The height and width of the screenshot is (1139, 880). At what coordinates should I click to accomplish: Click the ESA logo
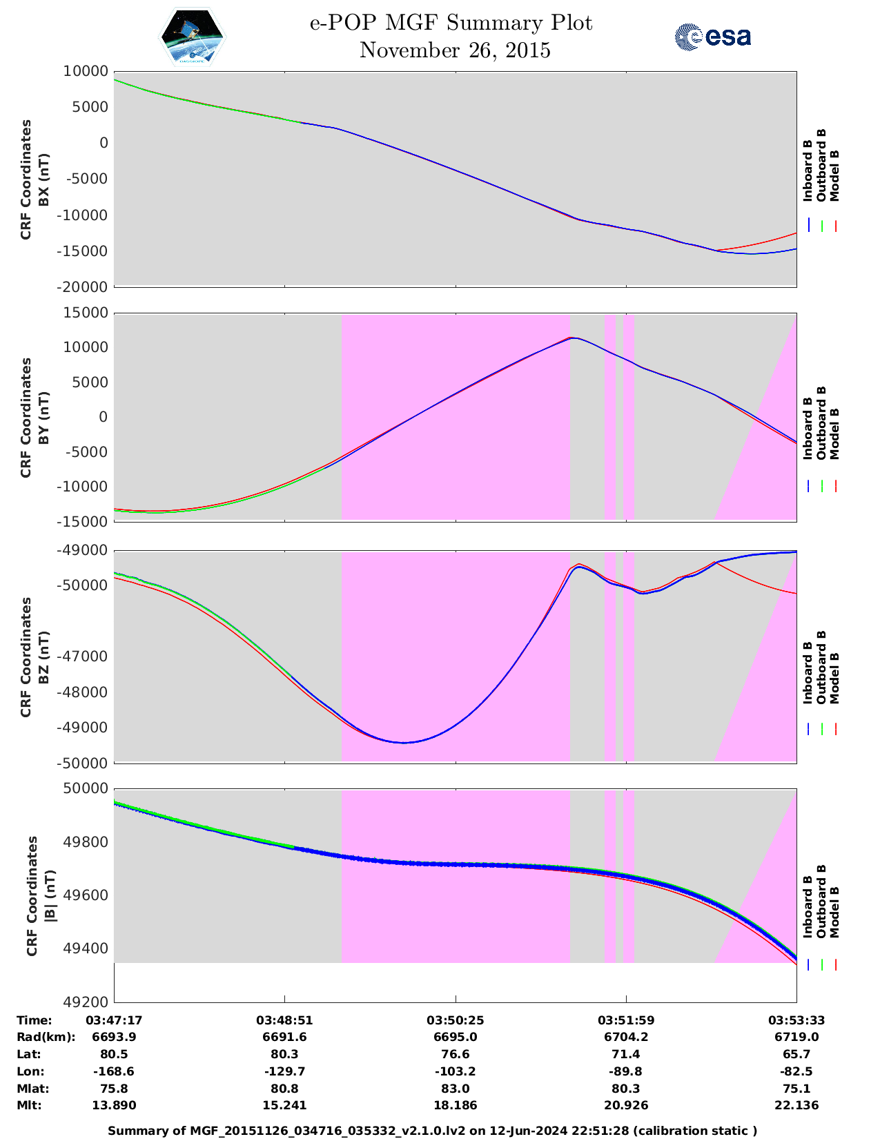[712, 37]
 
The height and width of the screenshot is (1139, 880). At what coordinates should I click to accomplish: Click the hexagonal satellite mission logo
[193, 37]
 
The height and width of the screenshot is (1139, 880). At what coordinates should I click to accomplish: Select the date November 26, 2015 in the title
[455, 50]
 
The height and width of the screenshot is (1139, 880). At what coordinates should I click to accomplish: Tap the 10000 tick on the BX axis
[86, 71]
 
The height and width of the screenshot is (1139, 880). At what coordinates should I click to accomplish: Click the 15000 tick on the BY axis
[86, 313]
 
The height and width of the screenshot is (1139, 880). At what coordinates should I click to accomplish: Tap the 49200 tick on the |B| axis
[86, 1002]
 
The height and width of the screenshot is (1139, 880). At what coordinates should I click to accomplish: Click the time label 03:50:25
[455, 1020]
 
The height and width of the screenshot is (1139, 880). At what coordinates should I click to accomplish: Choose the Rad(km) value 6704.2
[625, 1037]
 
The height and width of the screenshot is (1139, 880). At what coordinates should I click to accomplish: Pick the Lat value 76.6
[455, 1054]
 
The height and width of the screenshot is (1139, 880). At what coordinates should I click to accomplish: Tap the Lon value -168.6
[114, 1071]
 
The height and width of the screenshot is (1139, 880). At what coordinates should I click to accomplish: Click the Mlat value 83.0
[455, 1089]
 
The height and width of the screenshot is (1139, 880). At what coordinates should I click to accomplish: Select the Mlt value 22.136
[796, 1105]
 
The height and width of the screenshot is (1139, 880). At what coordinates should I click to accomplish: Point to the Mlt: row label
[29, 1105]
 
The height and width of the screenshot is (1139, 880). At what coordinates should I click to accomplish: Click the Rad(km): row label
[46, 1037]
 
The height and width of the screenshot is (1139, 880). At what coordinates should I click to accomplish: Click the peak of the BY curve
[572, 338]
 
